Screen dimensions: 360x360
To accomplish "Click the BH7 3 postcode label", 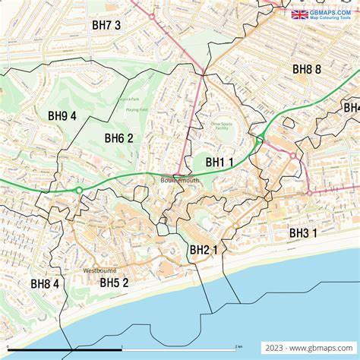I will pyautogui.click(x=106, y=25).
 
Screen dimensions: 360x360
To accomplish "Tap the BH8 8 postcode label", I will pyautogui.click(x=307, y=69).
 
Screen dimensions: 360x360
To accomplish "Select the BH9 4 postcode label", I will pyautogui.click(x=62, y=116).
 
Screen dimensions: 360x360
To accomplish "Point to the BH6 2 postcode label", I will pyautogui.click(x=119, y=138).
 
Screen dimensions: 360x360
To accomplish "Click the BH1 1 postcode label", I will pyautogui.click(x=219, y=162).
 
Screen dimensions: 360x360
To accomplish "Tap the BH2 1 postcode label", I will pyautogui.click(x=204, y=250).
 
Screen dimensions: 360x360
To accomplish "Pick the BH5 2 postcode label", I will pyautogui.click(x=114, y=283).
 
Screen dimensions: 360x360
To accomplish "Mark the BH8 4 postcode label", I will pyautogui.click(x=45, y=284).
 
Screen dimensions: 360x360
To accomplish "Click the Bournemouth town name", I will pyautogui.click(x=179, y=181).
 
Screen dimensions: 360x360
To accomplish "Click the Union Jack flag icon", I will pyautogui.click(x=299, y=14).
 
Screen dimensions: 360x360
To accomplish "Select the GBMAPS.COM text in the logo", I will pyautogui.click(x=331, y=11).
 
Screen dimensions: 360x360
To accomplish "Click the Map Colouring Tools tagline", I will pyautogui.click(x=331, y=18).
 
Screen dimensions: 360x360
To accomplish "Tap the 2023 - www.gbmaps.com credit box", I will pyautogui.click(x=308, y=347).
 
